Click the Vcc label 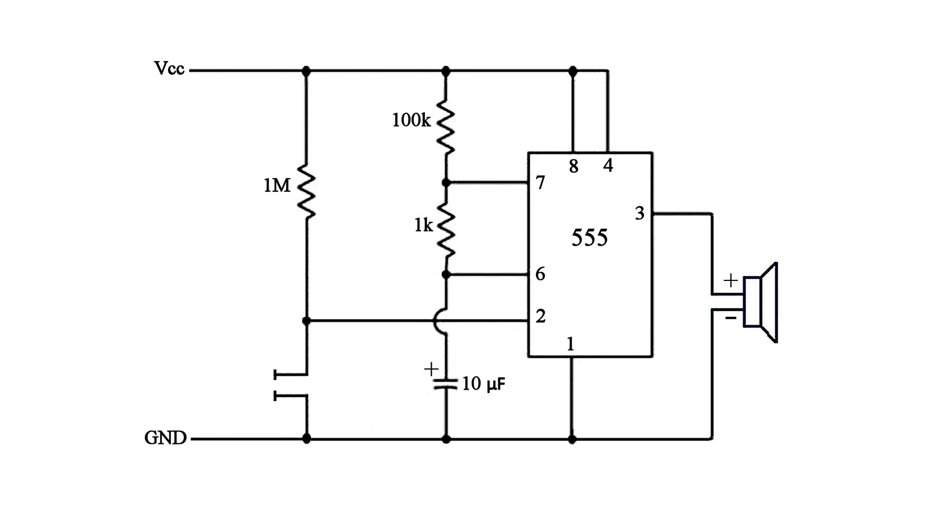169,69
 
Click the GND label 165,438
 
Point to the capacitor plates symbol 446,383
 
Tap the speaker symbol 761,303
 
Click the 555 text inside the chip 589,238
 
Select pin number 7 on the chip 540,183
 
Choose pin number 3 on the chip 639,213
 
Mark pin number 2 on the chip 540,317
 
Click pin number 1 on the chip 570,344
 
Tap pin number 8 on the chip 573,167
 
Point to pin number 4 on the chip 608,166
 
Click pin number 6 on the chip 540,274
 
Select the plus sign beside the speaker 731,280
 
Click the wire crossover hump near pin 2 440,320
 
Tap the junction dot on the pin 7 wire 446,183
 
